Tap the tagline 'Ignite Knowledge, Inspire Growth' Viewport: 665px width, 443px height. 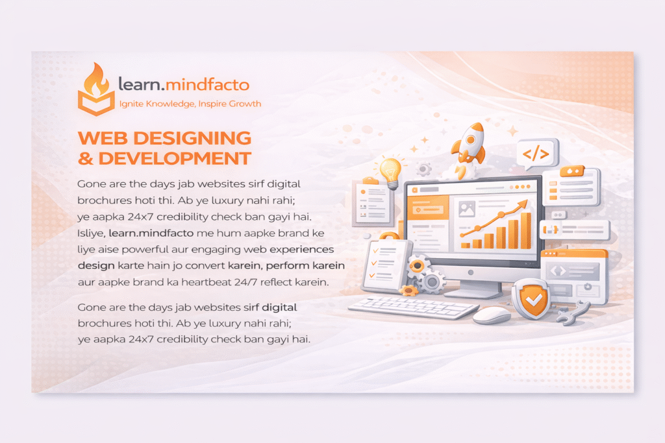click(x=190, y=103)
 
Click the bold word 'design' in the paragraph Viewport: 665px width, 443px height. click(x=95, y=266)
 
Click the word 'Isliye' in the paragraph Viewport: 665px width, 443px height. click(x=90, y=232)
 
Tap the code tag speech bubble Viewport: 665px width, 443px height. click(x=536, y=154)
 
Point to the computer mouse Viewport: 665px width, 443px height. click(x=492, y=315)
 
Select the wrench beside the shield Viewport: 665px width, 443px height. click(x=573, y=313)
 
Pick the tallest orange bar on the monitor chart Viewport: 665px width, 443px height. click(x=526, y=230)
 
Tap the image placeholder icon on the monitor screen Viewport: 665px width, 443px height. click(x=467, y=209)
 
